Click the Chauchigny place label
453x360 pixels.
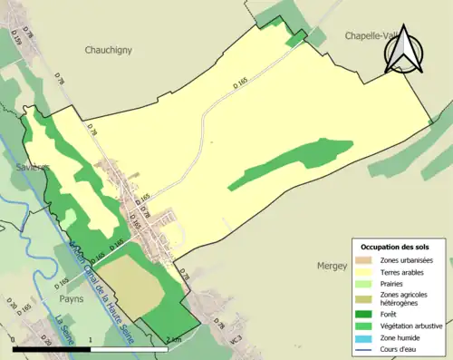108,51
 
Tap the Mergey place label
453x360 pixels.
333,268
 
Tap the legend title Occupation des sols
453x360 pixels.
395,247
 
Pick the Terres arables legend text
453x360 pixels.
404,271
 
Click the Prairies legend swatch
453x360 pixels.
362,283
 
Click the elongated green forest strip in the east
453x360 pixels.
290,164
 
